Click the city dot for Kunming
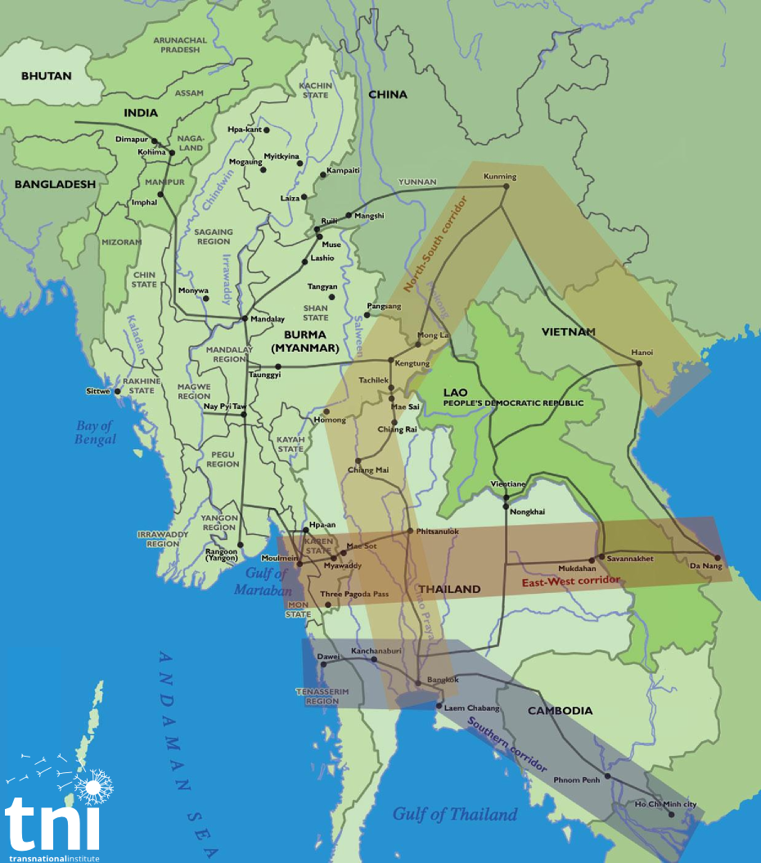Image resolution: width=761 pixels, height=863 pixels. pos(506,187)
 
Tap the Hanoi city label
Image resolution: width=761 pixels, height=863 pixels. pos(642,353)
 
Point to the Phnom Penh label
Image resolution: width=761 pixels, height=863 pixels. pos(578,780)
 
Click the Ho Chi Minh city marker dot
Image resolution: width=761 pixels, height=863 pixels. pos(672,815)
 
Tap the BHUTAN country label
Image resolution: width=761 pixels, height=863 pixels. pos(47,76)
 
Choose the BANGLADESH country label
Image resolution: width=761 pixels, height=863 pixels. pos(55,184)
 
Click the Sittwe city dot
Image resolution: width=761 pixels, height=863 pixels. pos(118,391)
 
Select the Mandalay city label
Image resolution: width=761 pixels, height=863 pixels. pos(268,319)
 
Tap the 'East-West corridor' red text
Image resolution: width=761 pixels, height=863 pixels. pos(571,582)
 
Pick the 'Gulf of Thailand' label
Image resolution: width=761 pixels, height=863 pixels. pos(455,814)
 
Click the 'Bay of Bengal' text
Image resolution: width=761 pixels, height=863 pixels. pos(96,432)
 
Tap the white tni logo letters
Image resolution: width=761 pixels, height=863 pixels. pos(53,821)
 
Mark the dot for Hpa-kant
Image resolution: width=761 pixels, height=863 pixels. pos(267,129)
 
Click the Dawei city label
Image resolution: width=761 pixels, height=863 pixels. pos(328,656)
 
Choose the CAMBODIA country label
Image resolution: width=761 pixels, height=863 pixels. pos(560,711)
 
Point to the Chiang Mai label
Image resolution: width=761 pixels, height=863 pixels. pos(368,470)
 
